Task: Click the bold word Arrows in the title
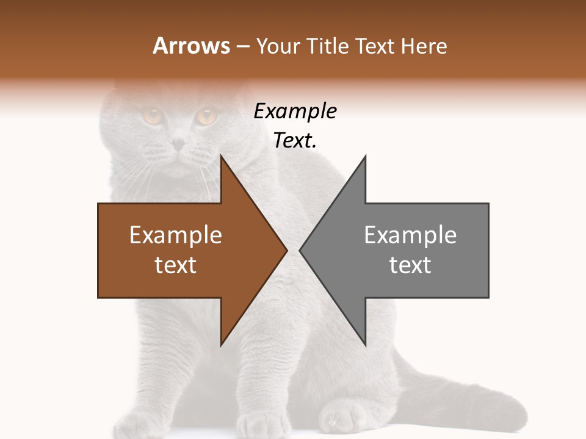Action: (x=191, y=46)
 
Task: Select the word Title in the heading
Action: (x=330, y=46)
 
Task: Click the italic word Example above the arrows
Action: (x=295, y=112)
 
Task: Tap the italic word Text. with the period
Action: (x=295, y=141)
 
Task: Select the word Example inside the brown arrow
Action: (x=176, y=235)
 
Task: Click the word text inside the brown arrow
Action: (x=176, y=265)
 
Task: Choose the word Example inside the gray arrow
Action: (x=410, y=235)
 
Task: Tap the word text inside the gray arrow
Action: (x=410, y=265)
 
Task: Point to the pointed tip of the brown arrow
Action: (x=286, y=250)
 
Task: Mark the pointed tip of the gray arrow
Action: (x=301, y=250)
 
